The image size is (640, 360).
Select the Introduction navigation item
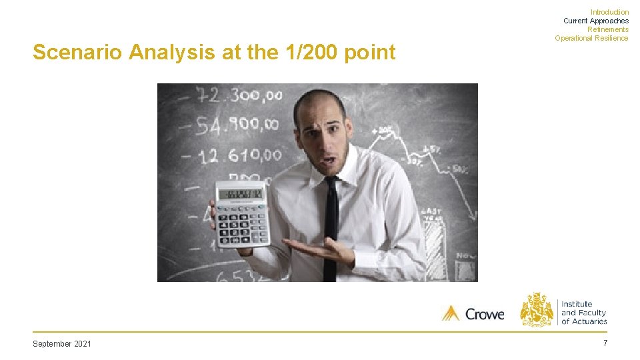[x=609, y=12]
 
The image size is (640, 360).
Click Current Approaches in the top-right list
[x=595, y=21]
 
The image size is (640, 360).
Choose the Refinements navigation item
[x=607, y=29]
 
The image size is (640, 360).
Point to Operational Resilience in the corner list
[x=591, y=38]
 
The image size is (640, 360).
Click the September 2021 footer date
[x=62, y=343]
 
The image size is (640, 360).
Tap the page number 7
[x=605, y=343]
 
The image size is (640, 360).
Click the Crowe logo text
[x=485, y=313]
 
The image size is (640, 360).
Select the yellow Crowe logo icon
[x=451, y=313]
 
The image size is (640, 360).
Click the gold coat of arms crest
[x=537, y=309]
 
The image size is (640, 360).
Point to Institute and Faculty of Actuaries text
[x=583, y=313]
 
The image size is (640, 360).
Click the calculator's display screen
[x=241, y=195]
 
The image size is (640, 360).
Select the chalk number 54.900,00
[x=227, y=124]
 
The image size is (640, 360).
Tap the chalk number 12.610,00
[x=230, y=155]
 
